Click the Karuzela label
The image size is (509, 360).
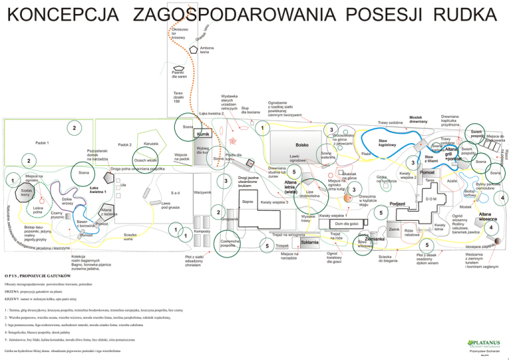pos(150,144)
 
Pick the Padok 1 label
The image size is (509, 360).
pos(44,142)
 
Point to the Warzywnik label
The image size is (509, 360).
pos(203,192)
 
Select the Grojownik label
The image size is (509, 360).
pos(229,219)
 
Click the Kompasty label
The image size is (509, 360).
pos(202,230)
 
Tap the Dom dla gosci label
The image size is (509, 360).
pos(347,224)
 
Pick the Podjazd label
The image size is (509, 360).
pos(397,204)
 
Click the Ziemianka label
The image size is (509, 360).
pos(375,239)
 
